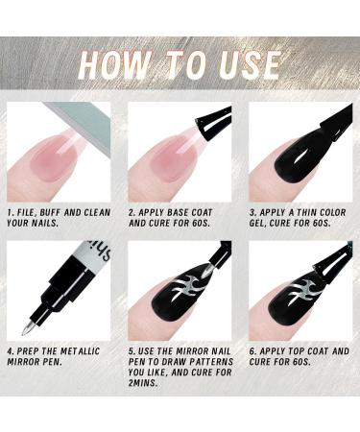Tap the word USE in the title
[244, 64]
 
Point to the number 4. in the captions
[11, 352]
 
